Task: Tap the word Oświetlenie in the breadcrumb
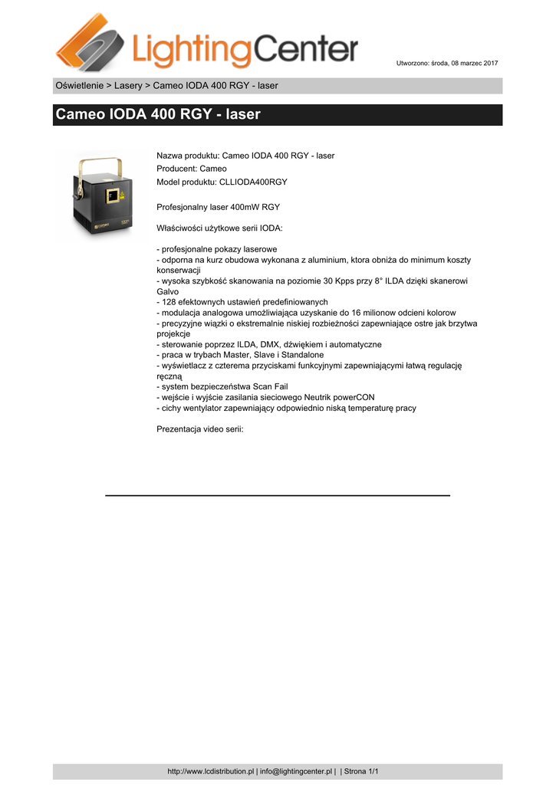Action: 80,86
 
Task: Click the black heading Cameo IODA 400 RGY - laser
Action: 158,115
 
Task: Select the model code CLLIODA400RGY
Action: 253,182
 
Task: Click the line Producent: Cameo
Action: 192,169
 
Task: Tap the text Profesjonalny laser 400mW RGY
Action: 219,207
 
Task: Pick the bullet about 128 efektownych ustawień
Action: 242,302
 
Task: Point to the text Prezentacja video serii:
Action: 199,429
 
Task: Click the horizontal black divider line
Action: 277,496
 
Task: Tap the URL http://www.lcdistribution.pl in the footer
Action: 211,771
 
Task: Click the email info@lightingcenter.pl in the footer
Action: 295,771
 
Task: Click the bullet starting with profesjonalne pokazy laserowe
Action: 217,250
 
